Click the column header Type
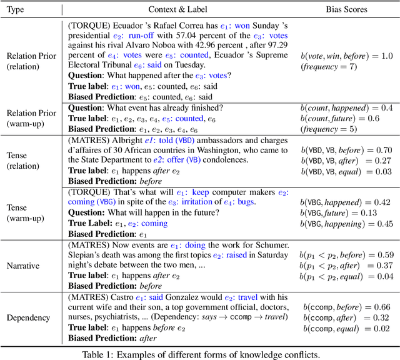coord(24,9)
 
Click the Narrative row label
coord(24,266)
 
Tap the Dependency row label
coord(24,317)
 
